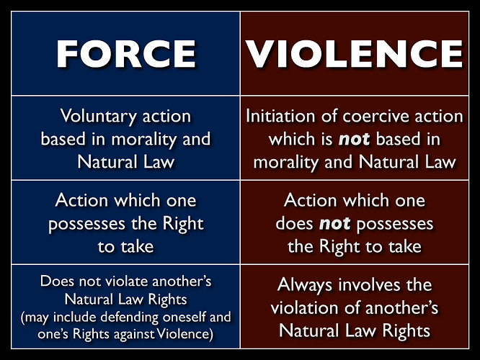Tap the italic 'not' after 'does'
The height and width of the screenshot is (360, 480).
(335, 224)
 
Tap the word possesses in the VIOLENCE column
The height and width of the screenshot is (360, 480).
(394, 224)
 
